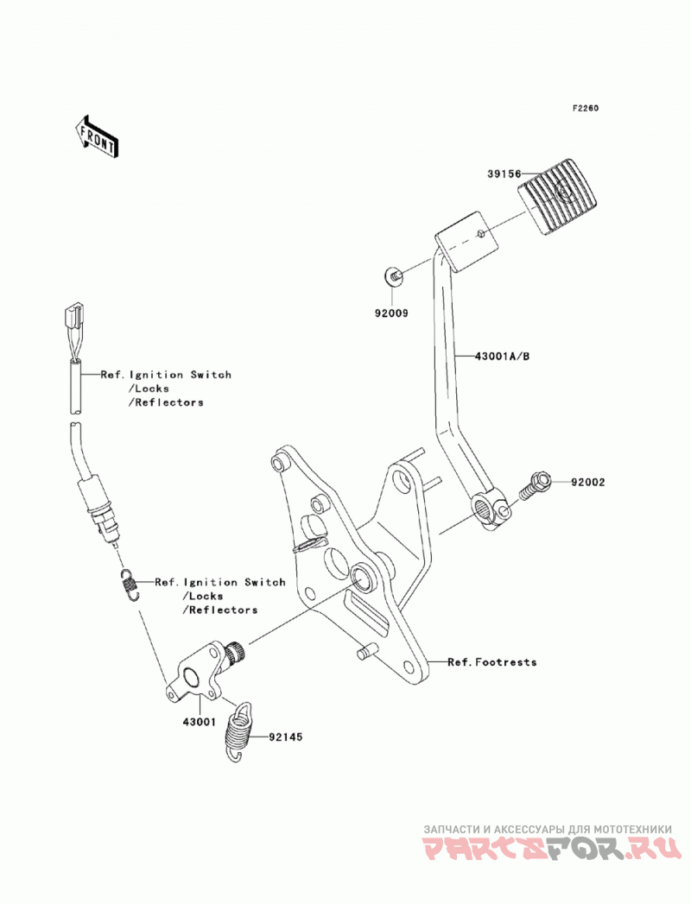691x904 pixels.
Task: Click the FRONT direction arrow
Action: click(97, 136)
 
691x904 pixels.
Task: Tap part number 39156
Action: click(504, 174)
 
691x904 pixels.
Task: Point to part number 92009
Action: click(391, 313)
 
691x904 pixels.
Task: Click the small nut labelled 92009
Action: click(394, 277)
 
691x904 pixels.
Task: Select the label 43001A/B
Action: click(502, 357)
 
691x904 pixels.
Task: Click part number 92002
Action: click(588, 482)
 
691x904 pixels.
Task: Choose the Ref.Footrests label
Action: click(492, 662)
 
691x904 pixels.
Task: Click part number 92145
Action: click(285, 736)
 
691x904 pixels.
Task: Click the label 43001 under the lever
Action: click(199, 722)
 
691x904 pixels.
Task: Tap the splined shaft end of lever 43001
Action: click(237, 653)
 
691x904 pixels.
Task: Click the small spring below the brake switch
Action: click(130, 585)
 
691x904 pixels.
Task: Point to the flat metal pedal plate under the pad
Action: click(467, 242)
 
